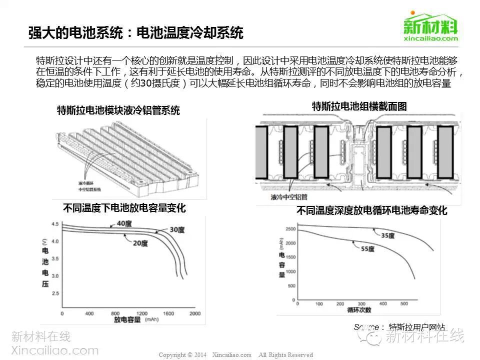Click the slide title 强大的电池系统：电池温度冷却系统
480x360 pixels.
pyautogui.click(x=136, y=33)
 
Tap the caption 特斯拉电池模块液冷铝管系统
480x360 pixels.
pyautogui.click(x=118, y=110)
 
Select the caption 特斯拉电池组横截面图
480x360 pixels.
pyautogui.click(x=359, y=106)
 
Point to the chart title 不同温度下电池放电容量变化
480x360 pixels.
pyautogui.click(x=124, y=208)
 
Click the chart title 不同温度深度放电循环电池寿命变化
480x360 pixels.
pyautogui.click(x=371, y=210)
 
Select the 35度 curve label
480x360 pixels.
pyautogui.click(x=388, y=235)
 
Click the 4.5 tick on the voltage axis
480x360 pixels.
pyautogui.click(x=55, y=224)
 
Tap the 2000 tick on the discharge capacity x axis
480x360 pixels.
pyautogui.click(x=194, y=313)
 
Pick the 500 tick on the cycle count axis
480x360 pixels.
pyautogui.click(x=405, y=304)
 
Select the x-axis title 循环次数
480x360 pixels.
pyautogui.click(x=359, y=310)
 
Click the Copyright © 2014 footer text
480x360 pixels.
pyautogui.click(x=182, y=355)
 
